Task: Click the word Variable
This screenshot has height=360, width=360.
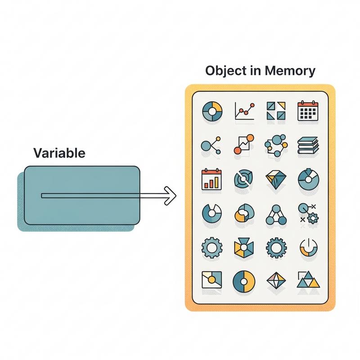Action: tap(59, 153)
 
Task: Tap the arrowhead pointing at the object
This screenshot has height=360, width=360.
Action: tap(170, 195)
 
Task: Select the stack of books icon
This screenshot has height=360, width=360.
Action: tap(308, 145)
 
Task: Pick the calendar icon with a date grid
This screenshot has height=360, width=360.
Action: tap(308, 110)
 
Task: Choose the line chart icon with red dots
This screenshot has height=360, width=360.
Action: tap(245, 110)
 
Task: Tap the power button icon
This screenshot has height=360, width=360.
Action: tap(308, 247)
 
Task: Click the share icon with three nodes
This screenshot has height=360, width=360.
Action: tap(210, 145)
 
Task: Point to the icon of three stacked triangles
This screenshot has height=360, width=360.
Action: tap(308, 281)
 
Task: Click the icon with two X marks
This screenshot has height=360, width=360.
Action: tap(308, 213)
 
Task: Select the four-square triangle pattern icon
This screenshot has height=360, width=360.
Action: tap(275, 110)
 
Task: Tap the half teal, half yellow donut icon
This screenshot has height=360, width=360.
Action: tap(243, 281)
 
